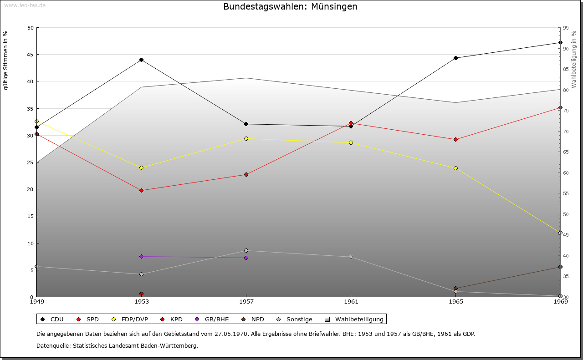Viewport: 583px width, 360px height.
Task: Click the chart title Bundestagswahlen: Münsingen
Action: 290,7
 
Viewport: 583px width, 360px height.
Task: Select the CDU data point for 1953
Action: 141,60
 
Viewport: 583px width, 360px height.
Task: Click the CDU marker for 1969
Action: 560,43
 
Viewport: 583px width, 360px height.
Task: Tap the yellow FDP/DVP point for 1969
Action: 560,233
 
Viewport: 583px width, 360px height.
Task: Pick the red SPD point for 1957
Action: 246,174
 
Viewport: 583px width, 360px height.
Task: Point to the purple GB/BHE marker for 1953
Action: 141,256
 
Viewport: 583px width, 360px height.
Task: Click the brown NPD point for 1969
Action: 560,267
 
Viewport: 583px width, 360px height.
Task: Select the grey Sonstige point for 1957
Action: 246,250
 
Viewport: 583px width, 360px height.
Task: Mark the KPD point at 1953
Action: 141,294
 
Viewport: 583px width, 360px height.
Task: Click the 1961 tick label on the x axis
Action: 351,301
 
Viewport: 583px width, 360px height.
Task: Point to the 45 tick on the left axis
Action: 31,55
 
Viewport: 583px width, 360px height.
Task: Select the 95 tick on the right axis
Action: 566,28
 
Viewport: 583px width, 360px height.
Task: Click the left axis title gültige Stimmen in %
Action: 6,60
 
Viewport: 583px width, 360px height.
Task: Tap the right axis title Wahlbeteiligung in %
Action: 574,59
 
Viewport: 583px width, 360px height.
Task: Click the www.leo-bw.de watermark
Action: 23,5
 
